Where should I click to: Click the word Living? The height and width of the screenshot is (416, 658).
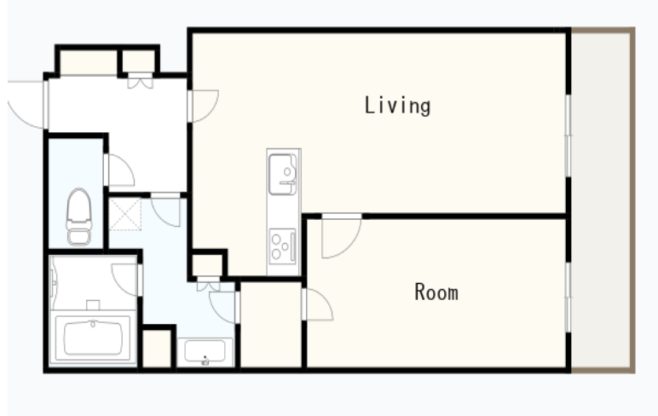[x=397, y=106]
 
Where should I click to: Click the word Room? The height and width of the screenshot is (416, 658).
[x=436, y=292]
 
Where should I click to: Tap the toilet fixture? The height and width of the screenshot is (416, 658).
[x=79, y=217]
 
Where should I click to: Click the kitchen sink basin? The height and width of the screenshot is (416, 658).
[x=283, y=174]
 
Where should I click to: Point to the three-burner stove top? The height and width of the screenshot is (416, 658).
[x=282, y=246]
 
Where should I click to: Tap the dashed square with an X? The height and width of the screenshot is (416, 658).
[x=125, y=215]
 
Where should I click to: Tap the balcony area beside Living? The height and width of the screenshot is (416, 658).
[x=603, y=199]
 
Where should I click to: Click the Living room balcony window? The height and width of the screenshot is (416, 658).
[x=569, y=136]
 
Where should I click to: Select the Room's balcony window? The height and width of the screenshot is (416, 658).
[x=569, y=298]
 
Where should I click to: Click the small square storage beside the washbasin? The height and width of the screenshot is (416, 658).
[x=157, y=348]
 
